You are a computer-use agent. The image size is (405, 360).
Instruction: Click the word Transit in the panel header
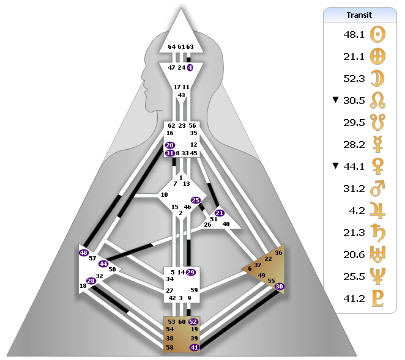tap(359, 15)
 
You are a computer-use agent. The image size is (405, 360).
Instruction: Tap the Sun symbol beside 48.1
tap(377, 35)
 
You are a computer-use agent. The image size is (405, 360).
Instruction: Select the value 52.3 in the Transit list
tap(354, 78)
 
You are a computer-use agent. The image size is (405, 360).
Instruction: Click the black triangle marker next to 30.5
tap(335, 100)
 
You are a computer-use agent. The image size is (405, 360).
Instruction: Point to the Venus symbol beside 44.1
tap(377, 166)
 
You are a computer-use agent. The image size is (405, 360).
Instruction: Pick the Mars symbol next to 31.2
tap(377, 188)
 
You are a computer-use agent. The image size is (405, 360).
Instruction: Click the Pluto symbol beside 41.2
tap(377, 299)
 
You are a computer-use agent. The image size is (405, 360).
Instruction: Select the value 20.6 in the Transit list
tap(354, 255)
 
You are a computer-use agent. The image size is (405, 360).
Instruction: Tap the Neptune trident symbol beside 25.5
tap(377, 276)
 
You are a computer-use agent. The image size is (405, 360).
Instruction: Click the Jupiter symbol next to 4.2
tap(377, 210)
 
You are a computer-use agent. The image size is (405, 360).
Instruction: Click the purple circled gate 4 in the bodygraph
tap(190, 68)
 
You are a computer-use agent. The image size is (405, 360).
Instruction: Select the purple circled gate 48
tap(84, 252)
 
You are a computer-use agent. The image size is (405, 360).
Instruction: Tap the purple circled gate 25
tap(196, 200)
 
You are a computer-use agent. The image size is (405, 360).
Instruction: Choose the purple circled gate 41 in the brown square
tap(194, 347)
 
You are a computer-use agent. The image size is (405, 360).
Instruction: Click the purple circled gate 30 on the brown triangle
tap(279, 286)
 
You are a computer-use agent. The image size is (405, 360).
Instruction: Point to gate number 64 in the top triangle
tap(171, 46)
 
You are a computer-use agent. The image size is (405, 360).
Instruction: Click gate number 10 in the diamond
tap(165, 194)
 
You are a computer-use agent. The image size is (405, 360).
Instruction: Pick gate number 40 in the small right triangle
tap(226, 224)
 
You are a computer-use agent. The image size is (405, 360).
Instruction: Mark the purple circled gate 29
tap(191, 272)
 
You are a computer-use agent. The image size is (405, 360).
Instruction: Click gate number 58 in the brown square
tap(169, 347)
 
